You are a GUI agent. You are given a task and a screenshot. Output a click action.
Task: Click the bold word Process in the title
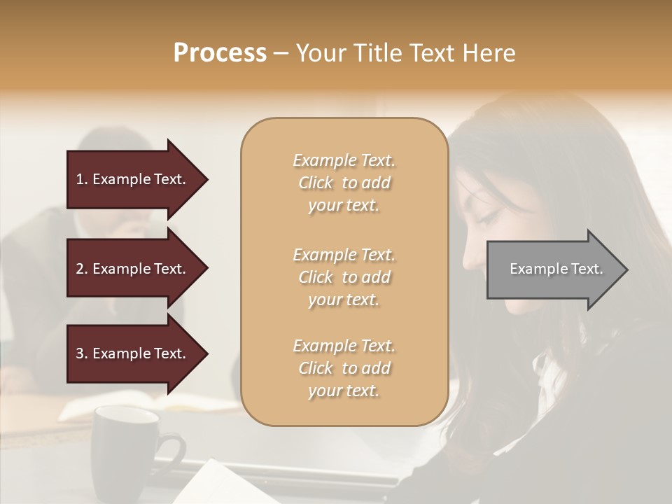pyautogui.click(x=220, y=53)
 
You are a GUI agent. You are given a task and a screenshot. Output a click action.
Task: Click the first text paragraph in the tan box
pyautogui.click(x=344, y=183)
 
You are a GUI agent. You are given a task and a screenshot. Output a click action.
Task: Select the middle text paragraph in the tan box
pyautogui.click(x=344, y=277)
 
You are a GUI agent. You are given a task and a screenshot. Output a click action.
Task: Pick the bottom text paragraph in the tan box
pyautogui.click(x=344, y=368)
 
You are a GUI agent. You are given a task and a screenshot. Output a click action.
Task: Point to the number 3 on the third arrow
pyautogui.click(x=80, y=353)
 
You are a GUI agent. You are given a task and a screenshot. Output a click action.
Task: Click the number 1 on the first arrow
pyautogui.click(x=80, y=179)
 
